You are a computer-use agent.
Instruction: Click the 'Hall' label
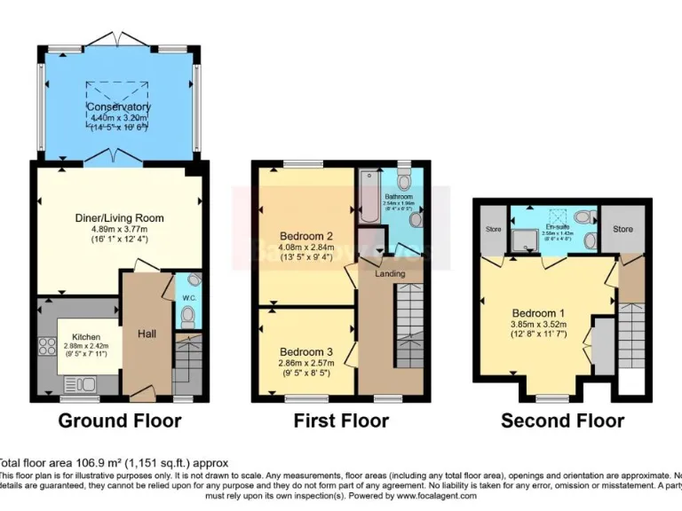tap(147, 333)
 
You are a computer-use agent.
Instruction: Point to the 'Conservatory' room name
tap(117, 107)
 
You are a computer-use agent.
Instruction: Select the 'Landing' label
tap(390, 273)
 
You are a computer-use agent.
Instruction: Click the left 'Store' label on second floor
tap(494, 229)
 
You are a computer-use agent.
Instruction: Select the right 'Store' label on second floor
tap(623, 229)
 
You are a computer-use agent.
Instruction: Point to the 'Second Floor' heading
tap(562, 421)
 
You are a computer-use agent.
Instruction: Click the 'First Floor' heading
tap(341, 421)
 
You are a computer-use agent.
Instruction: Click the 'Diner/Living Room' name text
tap(118, 218)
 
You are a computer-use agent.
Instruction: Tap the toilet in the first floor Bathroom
tap(405, 182)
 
